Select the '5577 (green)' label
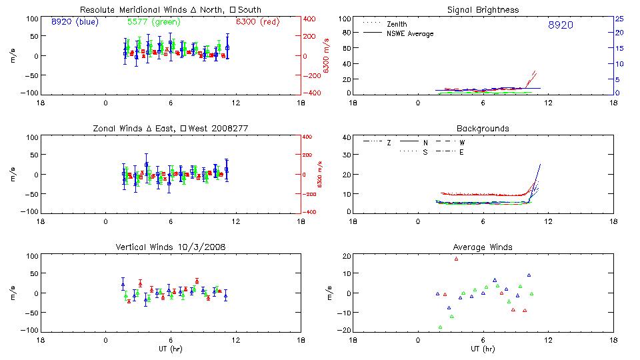(153, 22)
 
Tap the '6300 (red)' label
(257, 22)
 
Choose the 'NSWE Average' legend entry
(410, 33)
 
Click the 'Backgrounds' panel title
(483, 128)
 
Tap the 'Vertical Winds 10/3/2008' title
(170, 247)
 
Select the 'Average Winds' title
(483, 247)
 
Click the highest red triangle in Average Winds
(457, 259)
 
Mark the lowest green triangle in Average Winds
(440, 327)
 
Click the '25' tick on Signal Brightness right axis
(619, 19)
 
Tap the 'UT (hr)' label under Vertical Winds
(170, 349)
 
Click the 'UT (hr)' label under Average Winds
(483, 349)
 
